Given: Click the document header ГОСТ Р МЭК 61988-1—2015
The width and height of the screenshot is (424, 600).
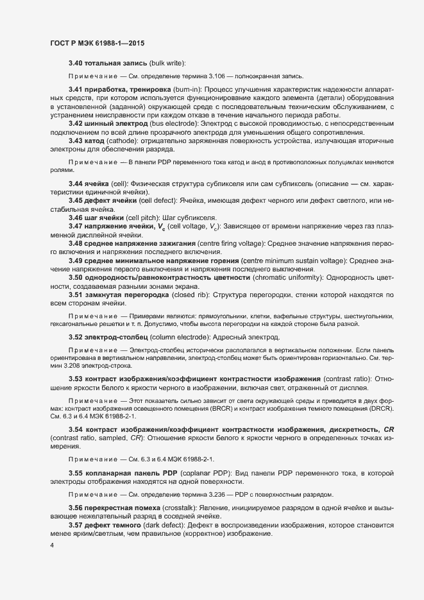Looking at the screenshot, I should pos(98,43).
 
